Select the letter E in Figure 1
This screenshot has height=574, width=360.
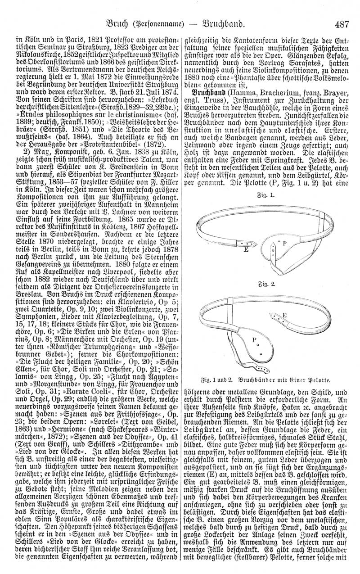pos(233,248)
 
